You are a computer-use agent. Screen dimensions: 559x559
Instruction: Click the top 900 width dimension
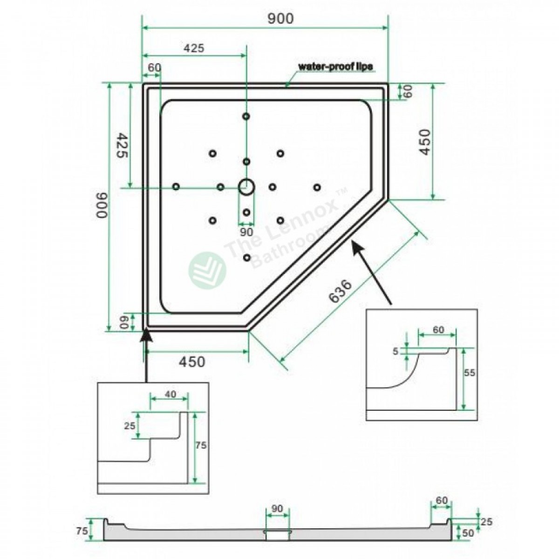[x=280, y=19]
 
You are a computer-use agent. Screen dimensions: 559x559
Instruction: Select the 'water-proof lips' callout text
[x=335, y=67]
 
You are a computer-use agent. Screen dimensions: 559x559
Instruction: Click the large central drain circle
[x=246, y=186]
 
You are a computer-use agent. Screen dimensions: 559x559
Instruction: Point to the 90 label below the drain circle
[x=246, y=232]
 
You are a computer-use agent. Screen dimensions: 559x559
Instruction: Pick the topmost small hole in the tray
[x=246, y=116]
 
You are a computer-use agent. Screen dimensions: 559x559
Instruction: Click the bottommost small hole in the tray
[x=247, y=257]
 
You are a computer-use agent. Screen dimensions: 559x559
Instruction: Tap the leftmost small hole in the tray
[x=176, y=186]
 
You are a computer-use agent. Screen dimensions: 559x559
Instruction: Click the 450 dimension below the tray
[x=192, y=362]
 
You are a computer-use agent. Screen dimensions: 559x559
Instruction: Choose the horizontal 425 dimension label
[x=194, y=48]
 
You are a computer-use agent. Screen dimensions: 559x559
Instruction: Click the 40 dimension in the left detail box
[x=170, y=394]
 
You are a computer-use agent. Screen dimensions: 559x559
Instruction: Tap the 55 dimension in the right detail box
[x=469, y=372]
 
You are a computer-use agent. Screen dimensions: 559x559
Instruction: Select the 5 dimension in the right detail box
[x=395, y=351]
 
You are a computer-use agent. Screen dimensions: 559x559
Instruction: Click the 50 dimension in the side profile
[x=468, y=533]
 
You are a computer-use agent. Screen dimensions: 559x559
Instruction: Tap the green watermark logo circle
[x=207, y=270]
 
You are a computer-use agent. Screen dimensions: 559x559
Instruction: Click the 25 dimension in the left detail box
[x=130, y=426]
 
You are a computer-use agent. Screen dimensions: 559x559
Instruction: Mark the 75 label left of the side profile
[x=82, y=532]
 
